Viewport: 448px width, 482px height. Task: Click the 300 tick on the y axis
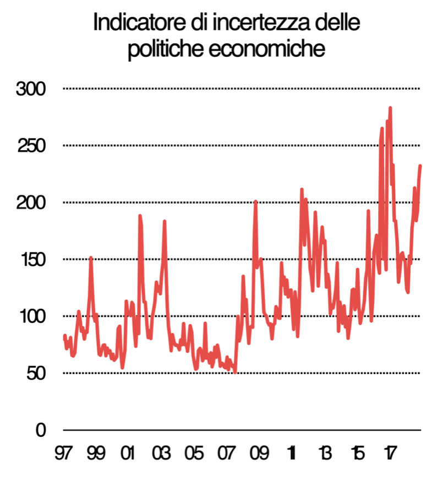coord(31,89)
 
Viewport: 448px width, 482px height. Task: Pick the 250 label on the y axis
coord(31,146)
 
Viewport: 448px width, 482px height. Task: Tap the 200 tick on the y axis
coord(31,202)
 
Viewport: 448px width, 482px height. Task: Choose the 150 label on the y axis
coord(31,259)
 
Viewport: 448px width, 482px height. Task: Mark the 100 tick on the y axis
coord(31,316)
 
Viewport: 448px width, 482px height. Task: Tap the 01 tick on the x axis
coord(128,454)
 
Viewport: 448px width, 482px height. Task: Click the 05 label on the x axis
coord(193,454)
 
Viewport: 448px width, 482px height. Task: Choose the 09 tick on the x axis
coord(259,454)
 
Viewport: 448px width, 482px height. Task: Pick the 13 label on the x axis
coord(324,454)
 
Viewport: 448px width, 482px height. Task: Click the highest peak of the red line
coord(390,108)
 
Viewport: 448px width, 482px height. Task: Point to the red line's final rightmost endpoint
coord(420,166)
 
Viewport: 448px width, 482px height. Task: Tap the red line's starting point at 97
coord(64,336)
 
